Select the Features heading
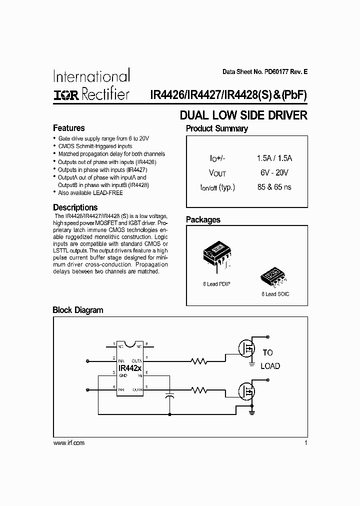tap(68, 128)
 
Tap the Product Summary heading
tap(216, 129)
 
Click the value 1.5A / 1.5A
tap(274, 158)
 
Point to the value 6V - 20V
tap(274, 172)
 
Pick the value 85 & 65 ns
tap(274, 187)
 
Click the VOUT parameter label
tap(217, 173)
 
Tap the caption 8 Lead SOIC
tap(275, 294)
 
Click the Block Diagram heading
tap(78, 310)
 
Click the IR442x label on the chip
tap(129, 368)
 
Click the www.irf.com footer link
tap(68, 443)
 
